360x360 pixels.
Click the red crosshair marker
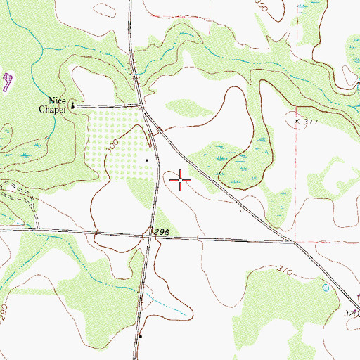coord(181,181)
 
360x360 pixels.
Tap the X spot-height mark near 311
coord(297,121)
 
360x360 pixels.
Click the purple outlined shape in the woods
coord(7,82)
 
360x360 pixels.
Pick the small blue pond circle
coord(325,288)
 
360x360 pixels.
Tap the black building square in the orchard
coord(147,160)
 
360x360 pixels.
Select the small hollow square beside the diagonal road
coord(241,210)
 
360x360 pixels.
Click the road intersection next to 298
coord(150,237)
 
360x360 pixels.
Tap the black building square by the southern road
coord(141,337)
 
